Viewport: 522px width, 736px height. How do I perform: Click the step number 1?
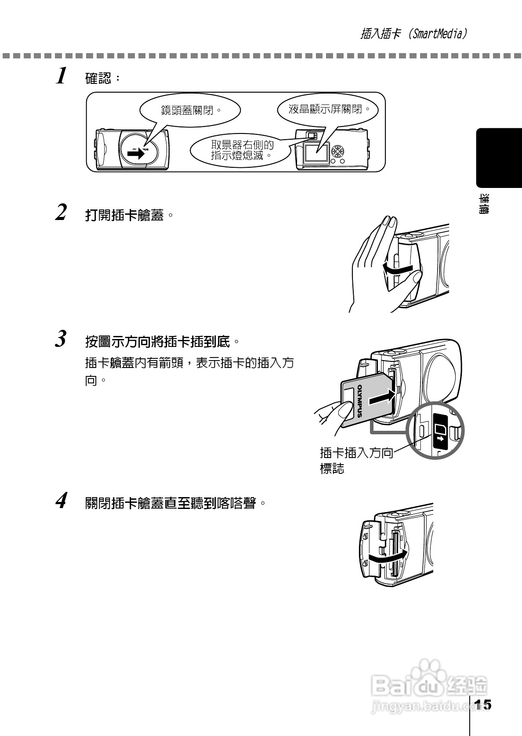click(62, 76)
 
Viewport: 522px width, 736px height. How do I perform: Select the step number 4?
click(62, 500)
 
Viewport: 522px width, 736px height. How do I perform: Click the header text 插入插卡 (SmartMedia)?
click(413, 34)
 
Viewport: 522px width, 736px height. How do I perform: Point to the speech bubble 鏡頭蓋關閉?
click(190, 110)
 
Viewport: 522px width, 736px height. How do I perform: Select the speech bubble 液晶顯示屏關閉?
click(328, 109)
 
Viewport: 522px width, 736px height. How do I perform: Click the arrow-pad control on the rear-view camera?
click(338, 151)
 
